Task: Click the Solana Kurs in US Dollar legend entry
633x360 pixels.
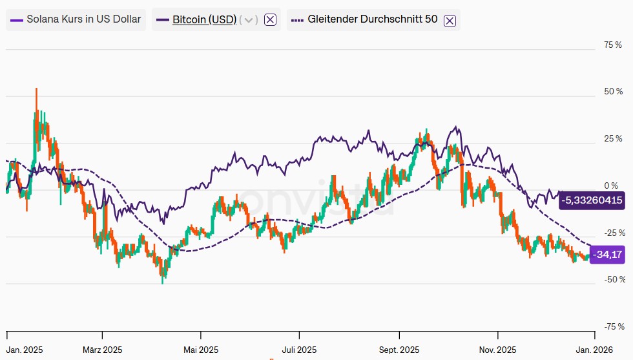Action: (x=76, y=19)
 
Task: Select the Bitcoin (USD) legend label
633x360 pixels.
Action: (x=203, y=19)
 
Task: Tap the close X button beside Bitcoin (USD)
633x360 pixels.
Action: (x=271, y=19)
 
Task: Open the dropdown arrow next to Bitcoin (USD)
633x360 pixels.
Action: (x=249, y=19)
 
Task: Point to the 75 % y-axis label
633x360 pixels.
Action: (x=612, y=45)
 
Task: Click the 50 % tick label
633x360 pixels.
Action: (x=612, y=92)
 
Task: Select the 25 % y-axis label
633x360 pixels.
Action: (x=612, y=138)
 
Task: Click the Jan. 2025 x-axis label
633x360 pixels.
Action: (x=25, y=350)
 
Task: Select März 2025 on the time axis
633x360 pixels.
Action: (x=102, y=350)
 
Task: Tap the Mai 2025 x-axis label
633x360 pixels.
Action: (x=201, y=350)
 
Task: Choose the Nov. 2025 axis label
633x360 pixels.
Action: (x=498, y=350)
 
